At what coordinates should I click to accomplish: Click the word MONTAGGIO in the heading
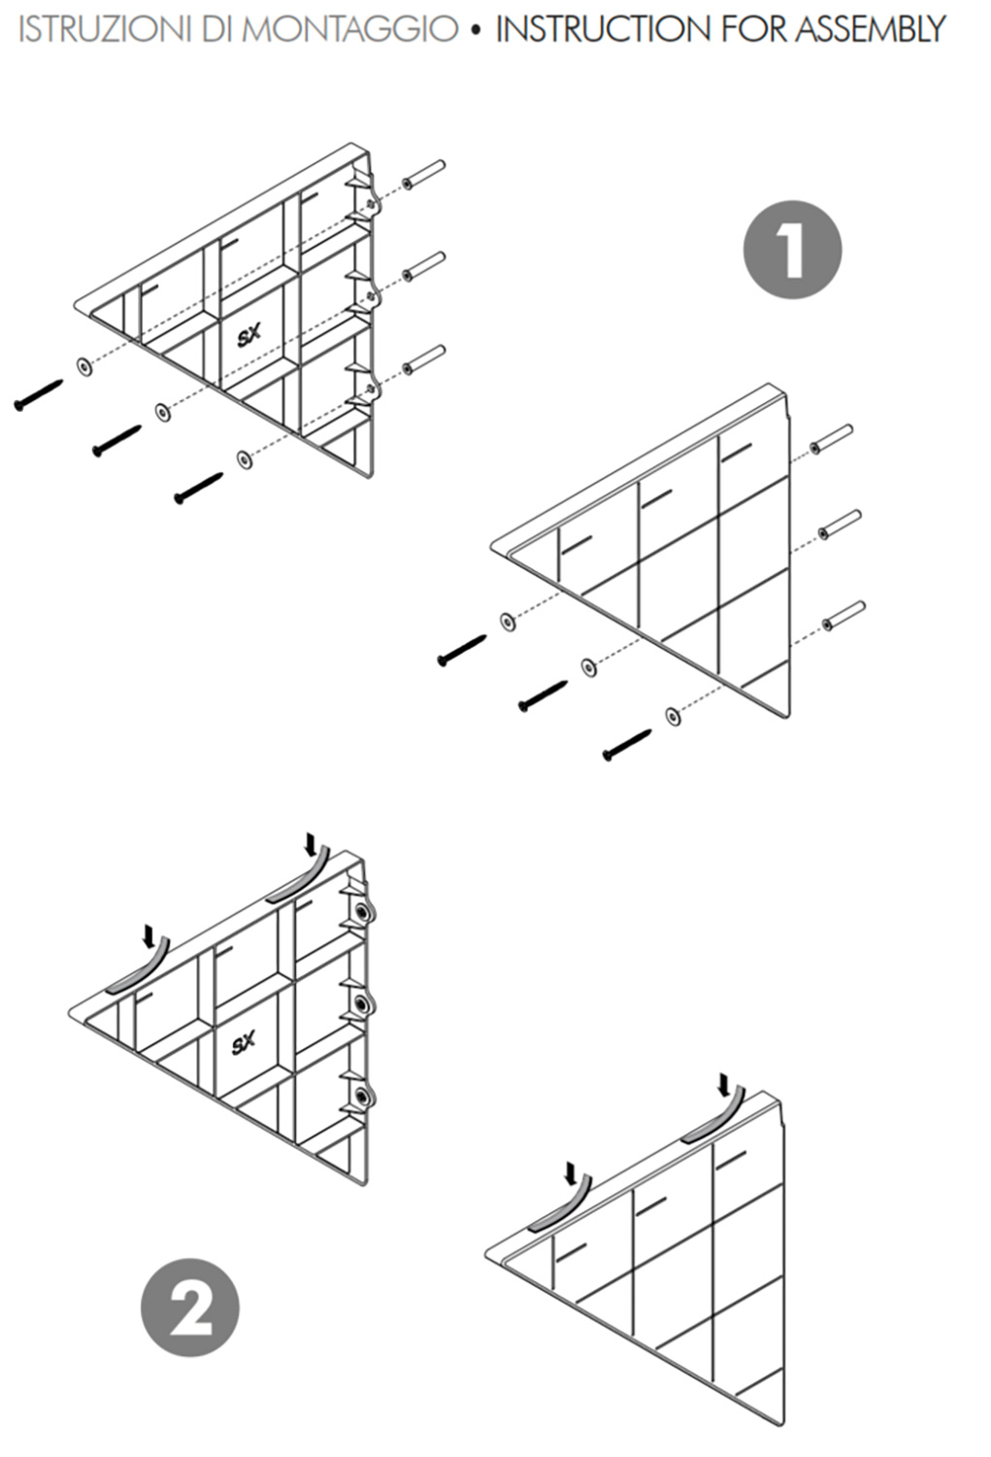(353, 29)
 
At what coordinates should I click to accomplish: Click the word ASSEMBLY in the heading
(870, 29)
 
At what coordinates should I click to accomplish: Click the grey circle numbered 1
(792, 250)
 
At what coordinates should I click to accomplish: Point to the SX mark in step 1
(248, 336)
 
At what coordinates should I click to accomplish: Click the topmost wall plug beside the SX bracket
(424, 174)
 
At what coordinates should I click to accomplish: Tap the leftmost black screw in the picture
(39, 394)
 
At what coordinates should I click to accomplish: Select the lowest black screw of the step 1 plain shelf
(627, 745)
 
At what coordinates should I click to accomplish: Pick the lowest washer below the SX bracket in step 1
(245, 459)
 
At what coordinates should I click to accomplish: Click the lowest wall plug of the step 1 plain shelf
(843, 615)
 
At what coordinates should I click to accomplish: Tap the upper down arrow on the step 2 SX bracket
(312, 844)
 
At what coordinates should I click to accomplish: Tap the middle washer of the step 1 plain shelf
(589, 667)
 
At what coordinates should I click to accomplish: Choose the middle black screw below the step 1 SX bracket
(117, 440)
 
